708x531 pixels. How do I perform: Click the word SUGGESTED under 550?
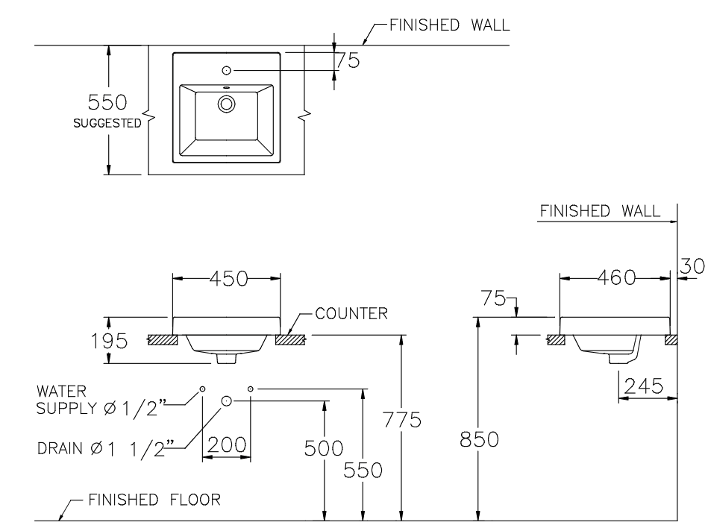coord(107,124)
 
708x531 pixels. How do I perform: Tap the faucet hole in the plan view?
coord(227,71)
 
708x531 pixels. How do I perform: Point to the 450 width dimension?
coord(227,278)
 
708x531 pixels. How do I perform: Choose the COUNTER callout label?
coord(351,313)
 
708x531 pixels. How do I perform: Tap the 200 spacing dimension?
coord(227,445)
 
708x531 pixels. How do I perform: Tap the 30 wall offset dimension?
coord(692,265)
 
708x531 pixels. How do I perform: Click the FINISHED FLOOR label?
coord(154,500)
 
